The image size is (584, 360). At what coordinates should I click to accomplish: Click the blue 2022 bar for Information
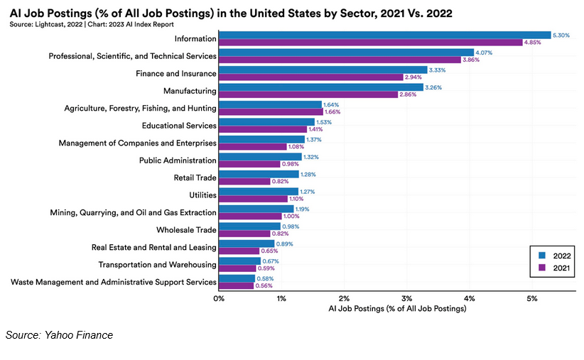click(384, 35)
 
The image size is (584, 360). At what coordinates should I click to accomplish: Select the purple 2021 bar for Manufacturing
click(308, 94)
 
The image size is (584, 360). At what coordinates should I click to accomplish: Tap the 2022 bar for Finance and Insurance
click(323, 70)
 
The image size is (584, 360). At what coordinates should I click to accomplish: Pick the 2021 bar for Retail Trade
click(244, 181)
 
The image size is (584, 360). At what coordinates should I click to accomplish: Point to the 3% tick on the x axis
click(406, 298)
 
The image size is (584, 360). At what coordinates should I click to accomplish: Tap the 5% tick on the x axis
click(531, 298)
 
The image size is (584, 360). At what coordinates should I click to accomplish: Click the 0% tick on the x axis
click(219, 298)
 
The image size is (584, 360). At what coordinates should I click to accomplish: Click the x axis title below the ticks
click(397, 309)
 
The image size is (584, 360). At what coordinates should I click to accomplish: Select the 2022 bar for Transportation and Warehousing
click(239, 261)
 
